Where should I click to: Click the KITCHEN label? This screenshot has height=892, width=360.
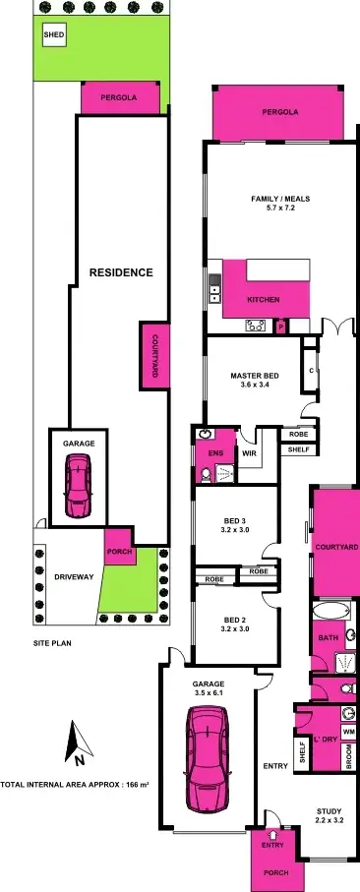(264, 299)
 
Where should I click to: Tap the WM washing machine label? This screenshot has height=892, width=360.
(347, 731)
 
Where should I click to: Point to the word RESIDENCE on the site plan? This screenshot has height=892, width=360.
(121, 272)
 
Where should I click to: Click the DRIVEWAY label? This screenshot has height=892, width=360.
(73, 577)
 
